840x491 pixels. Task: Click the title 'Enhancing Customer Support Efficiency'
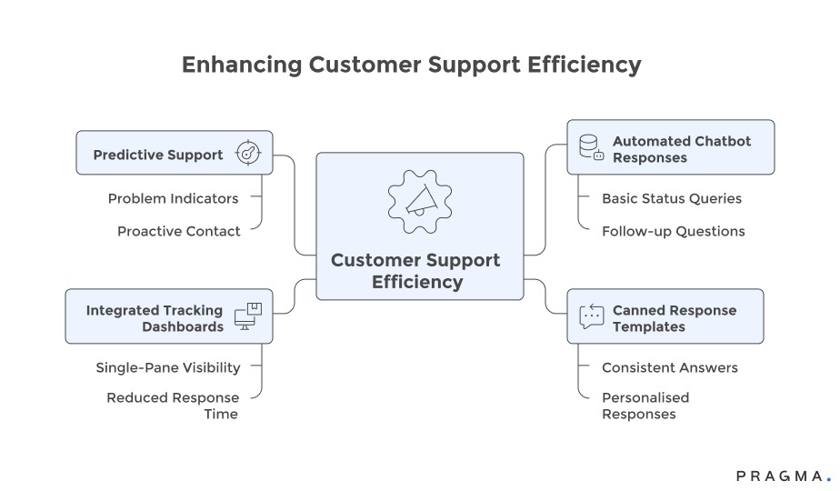point(411,65)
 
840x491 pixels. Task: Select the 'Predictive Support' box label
point(158,155)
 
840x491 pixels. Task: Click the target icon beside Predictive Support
point(247,154)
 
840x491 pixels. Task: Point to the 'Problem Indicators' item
point(173,198)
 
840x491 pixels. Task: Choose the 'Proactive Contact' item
point(178,231)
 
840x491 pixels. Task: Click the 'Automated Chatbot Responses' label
point(681,149)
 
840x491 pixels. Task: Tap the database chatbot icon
point(591,147)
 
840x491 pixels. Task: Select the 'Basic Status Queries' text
point(671,198)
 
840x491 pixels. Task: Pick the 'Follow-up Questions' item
point(673,231)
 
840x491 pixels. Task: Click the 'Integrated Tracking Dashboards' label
point(155,318)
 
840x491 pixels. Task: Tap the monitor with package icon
point(247,316)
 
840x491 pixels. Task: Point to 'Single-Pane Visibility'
point(168,367)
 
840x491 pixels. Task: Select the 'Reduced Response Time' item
point(173,406)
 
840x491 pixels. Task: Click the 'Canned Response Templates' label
point(674,318)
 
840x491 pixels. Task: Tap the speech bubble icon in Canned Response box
point(591,316)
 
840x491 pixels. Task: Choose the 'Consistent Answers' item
point(669,367)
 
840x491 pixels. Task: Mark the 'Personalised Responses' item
point(645,406)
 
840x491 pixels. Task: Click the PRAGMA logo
point(783,476)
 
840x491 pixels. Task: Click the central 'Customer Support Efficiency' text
point(415,271)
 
